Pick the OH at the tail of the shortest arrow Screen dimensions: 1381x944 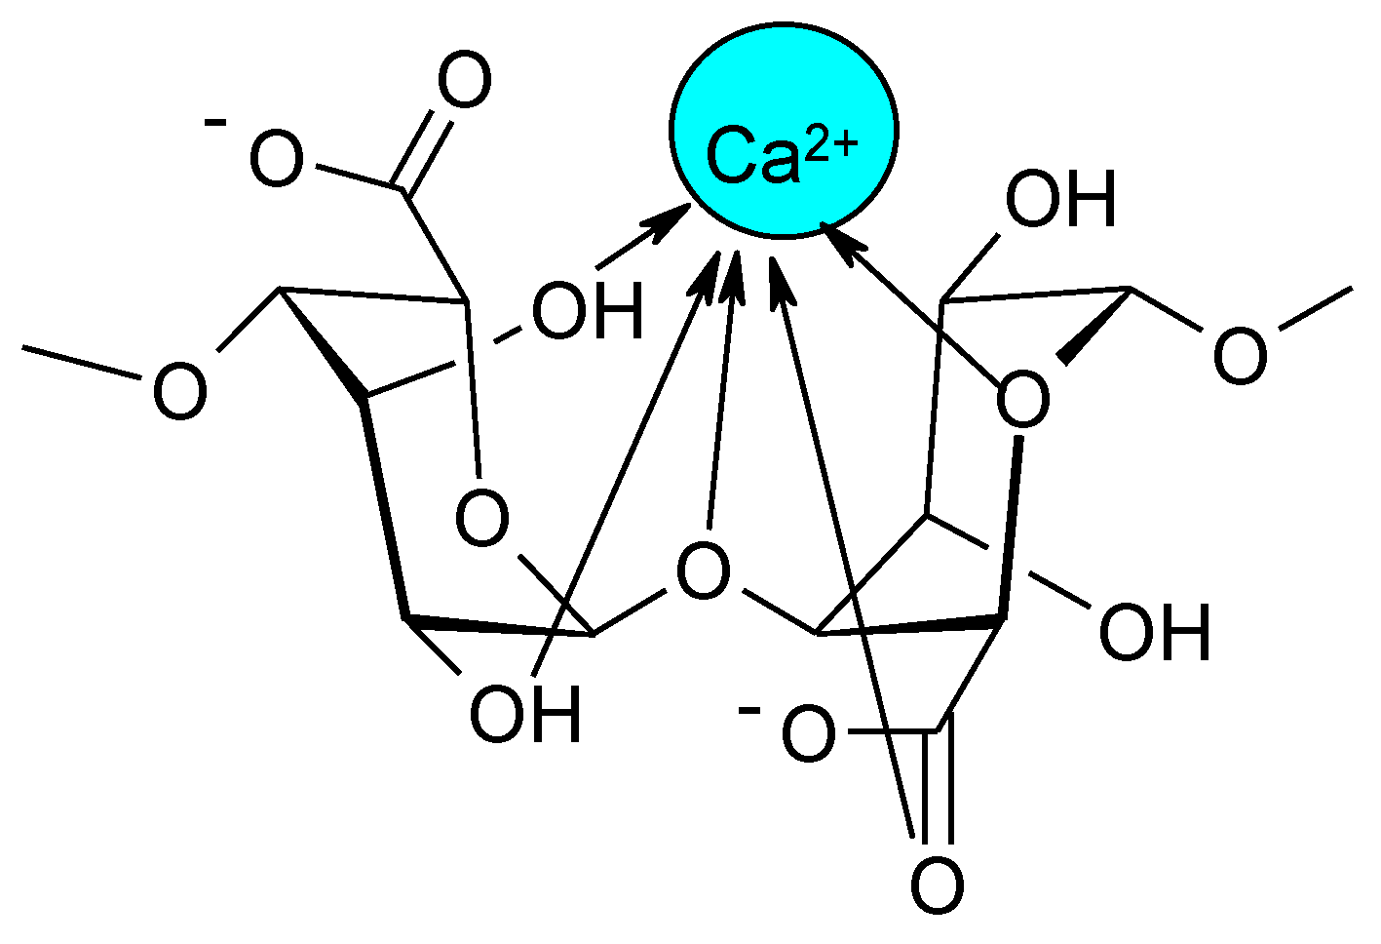[588, 312]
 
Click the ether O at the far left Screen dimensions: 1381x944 [180, 393]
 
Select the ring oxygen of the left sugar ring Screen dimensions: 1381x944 [482, 520]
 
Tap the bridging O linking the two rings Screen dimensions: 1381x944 [703, 571]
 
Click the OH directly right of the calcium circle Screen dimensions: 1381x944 [1059, 200]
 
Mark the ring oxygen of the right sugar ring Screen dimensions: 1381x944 [1023, 401]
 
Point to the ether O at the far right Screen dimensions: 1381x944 [1240, 355]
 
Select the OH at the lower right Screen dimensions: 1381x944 [1154, 632]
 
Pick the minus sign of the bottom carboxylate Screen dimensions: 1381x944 [749, 709]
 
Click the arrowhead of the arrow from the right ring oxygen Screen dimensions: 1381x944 [839, 240]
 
